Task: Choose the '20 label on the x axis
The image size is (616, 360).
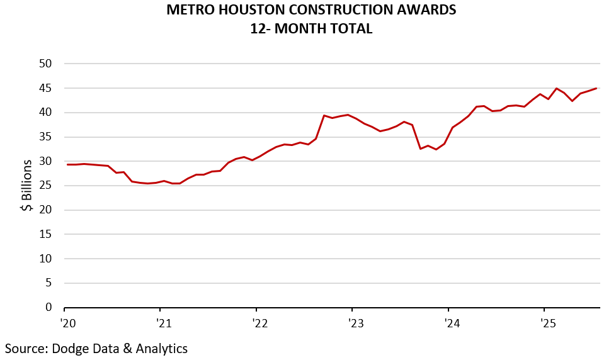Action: (67, 324)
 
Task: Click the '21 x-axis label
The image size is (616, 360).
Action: (163, 324)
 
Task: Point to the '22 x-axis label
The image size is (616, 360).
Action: (260, 324)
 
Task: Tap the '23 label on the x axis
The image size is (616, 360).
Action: (355, 324)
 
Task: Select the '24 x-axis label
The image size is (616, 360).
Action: (451, 324)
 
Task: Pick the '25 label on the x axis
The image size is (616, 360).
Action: (547, 324)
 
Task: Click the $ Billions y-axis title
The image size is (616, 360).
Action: (27, 186)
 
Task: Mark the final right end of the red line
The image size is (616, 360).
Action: (596, 88)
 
